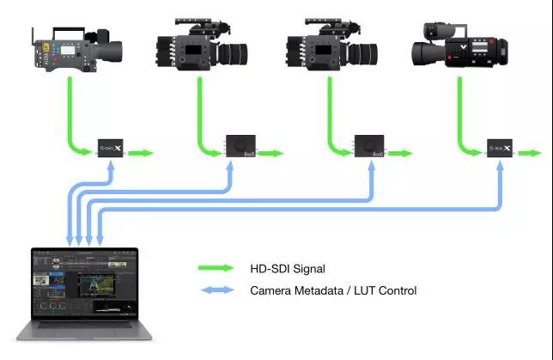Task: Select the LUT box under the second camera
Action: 241,146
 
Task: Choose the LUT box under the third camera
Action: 370,146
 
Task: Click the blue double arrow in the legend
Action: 216,290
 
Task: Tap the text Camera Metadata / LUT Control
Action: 333,290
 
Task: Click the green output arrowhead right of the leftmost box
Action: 149,153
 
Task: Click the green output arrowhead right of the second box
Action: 278,153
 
